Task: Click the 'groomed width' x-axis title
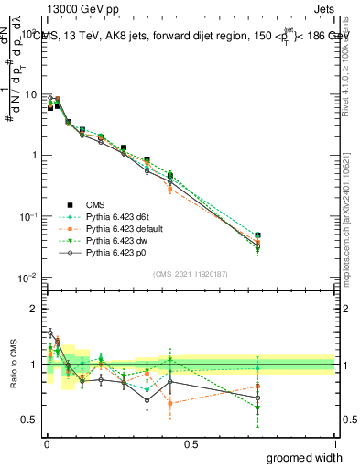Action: point(305,457)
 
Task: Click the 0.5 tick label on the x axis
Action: point(191,445)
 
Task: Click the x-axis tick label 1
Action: point(335,445)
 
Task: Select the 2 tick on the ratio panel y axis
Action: point(33,309)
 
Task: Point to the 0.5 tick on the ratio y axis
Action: point(28,420)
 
